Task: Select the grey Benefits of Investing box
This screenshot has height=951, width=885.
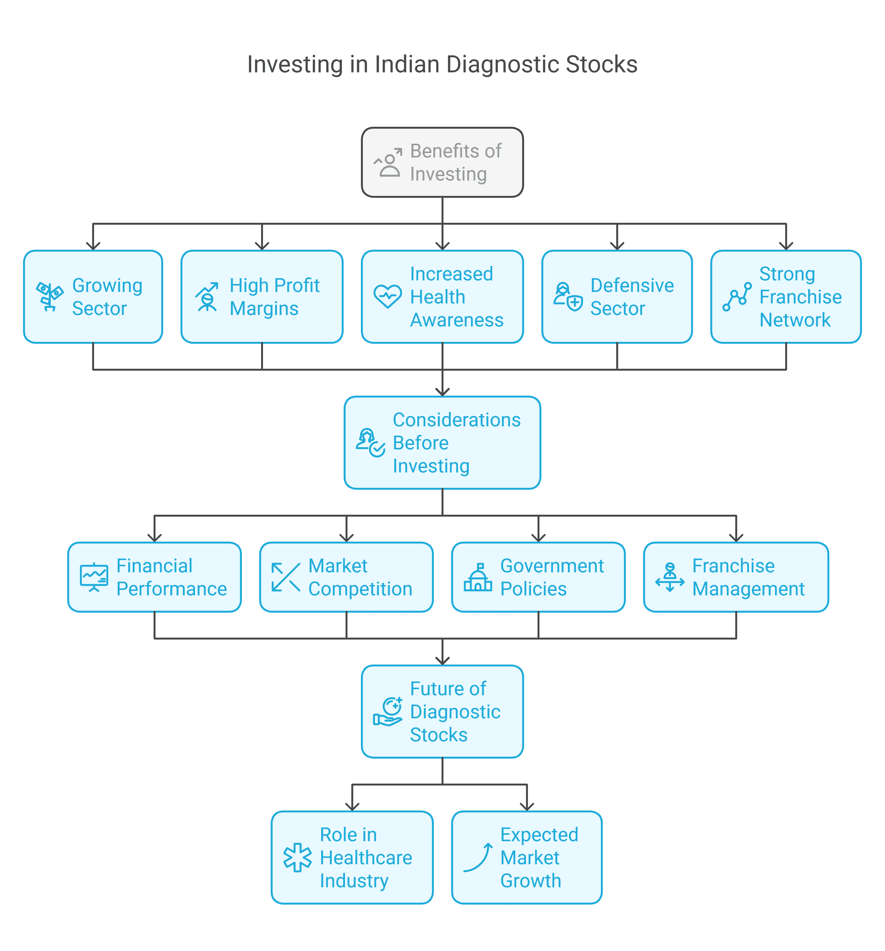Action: [x=442, y=162]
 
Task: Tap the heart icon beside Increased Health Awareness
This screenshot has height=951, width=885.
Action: [x=387, y=297]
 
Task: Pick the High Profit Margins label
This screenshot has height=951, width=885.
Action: [x=275, y=297]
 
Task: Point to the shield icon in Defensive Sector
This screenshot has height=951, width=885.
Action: [x=575, y=303]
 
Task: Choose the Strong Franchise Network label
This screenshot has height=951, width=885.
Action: [x=801, y=297]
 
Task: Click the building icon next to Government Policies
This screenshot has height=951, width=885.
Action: [x=478, y=577]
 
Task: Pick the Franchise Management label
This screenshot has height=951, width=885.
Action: [x=748, y=577]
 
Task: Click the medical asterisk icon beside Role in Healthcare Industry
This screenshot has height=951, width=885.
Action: [x=297, y=857]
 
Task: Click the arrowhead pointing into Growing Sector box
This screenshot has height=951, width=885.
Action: [x=93, y=246]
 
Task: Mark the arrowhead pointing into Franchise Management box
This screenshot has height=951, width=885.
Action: [x=736, y=538]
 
